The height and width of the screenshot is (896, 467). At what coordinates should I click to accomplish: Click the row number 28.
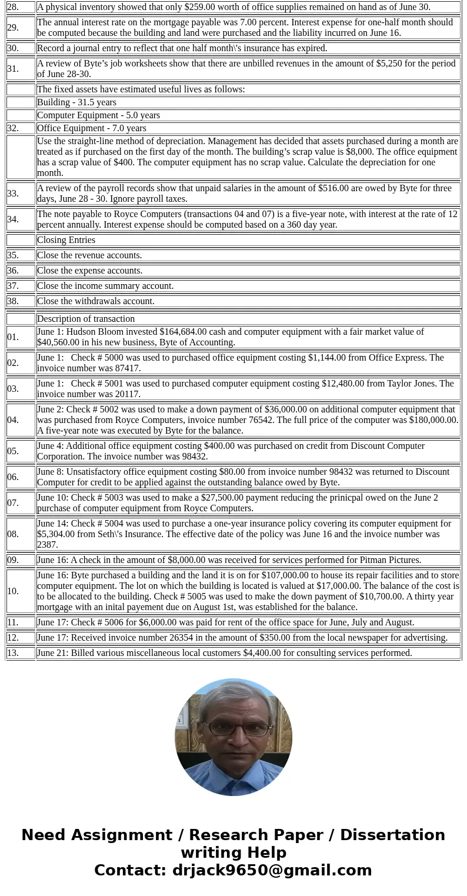[x=13, y=7]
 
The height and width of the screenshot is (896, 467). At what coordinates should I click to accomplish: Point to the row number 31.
[x=13, y=69]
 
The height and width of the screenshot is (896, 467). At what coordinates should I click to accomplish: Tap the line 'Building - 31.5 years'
[x=76, y=102]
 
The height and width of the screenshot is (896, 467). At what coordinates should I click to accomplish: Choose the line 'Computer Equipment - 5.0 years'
[x=98, y=115]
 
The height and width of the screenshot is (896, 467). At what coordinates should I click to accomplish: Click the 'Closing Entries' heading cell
[x=66, y=240]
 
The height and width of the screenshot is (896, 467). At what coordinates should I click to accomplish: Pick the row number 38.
[x=13, y=301]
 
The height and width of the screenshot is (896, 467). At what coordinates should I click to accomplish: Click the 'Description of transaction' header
[x=86, y=319]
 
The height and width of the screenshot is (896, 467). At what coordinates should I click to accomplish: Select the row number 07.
[x=13, y=503]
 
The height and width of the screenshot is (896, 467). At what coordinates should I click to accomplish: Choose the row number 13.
[x=13, y=653]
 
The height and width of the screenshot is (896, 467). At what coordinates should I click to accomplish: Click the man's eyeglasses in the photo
[x=233, y=727]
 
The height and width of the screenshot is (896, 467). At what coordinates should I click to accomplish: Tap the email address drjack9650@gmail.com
[x=272, y=871]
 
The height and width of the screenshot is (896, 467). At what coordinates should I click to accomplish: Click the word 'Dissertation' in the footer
[x=392, y=835]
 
